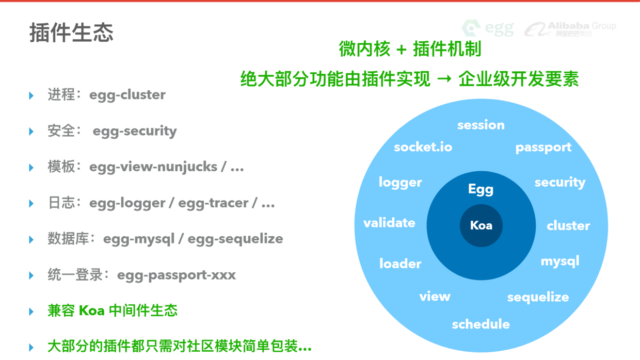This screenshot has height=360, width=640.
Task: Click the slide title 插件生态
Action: tap(71, 32)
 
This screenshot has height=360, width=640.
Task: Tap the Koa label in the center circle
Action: tap(481, 225)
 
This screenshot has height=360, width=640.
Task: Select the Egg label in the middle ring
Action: tap(481, 189)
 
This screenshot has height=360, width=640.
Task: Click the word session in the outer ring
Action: tap(481, 125)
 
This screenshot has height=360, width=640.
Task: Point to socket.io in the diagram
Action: tap(423, 148)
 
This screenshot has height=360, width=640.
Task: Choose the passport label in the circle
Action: tap(543, 148)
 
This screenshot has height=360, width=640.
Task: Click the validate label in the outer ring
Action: tap(389, 223)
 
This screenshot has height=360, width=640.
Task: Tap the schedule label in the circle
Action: tap(481, 324)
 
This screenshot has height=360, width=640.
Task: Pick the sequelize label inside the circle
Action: tap(538, 297)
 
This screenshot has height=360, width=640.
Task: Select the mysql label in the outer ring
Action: tap(560, 261)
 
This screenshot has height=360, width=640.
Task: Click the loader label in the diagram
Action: tap(400, 264)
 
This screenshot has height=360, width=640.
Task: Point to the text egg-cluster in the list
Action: tap(127, 95)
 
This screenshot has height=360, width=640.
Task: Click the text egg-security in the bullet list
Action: tap(135, 131)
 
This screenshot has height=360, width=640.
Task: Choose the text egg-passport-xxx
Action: tap(176, 275)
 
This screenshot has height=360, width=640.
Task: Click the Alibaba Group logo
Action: tap(570, 29)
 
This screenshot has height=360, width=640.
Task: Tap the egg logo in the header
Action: tap(488, 28)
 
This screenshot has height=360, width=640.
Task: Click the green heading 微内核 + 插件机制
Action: tap(410, 49)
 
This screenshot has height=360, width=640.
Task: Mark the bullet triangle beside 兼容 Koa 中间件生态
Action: tap(31, 312)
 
